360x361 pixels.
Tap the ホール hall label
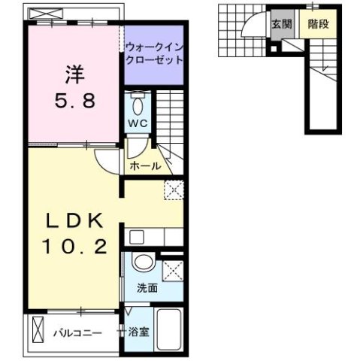click(144, 165)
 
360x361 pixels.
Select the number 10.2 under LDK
click(74, 245)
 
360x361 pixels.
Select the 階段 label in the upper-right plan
click(317, 23)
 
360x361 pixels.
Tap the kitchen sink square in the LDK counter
click(136, 238)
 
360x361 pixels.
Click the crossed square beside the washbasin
click(173, 269)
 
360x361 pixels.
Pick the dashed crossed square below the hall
click(175, 191)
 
